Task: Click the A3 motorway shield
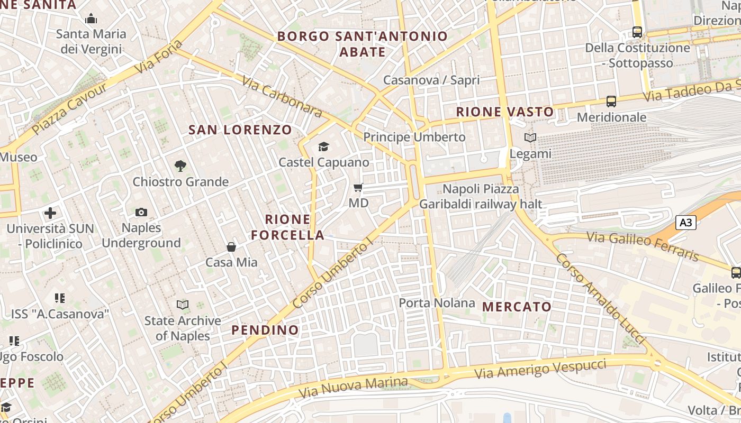click(685, 223)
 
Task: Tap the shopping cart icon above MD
click(358, 187)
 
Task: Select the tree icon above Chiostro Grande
click(180, 166)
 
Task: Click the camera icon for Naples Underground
click(141, 212)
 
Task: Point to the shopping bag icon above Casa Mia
click(231, 246)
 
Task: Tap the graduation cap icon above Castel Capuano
click(323, 146)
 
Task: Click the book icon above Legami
click(530, 138)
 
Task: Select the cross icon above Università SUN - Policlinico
click(50, 213)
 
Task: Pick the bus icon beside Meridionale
click(611, 102)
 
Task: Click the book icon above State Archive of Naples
click(183, 305)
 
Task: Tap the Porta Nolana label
click(437, 303)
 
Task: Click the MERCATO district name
click(517, 307)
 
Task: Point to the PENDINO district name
click(265, 330)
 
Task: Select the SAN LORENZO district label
click(240, 130)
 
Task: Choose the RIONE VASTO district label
click(505, 112)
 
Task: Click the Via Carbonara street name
click(282, 97)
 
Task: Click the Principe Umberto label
click(414, 137)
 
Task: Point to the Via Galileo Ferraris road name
click(643, 246)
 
